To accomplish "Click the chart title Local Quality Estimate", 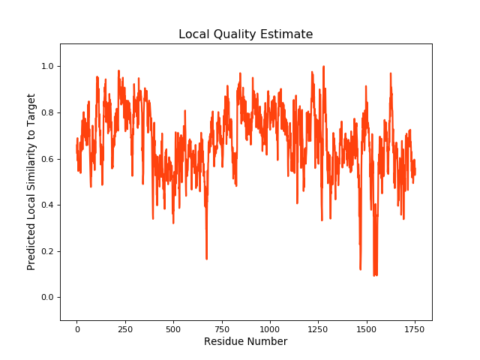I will click(x=245, y=34).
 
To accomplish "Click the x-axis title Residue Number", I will click(x=245, y=342).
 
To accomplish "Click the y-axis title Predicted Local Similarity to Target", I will click(x=31, y=181).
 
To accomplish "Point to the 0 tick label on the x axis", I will click(x=76, y=328).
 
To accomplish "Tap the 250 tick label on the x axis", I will click(x=124, y=328).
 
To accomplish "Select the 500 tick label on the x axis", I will click(x=173, y=328).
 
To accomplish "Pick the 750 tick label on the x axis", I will click(x=221, y=328).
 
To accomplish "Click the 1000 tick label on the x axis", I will click(x=270, y=328).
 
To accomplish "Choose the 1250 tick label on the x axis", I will click(x=318, y=328).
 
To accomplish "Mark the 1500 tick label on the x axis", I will click(x=367, y=328).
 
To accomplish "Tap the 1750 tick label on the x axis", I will click(x=415, y=328).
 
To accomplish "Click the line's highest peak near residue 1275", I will click(x=323, y=67).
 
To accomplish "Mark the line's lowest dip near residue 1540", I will click(x=374, y=275).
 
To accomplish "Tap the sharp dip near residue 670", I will click(x=206, y=259).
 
